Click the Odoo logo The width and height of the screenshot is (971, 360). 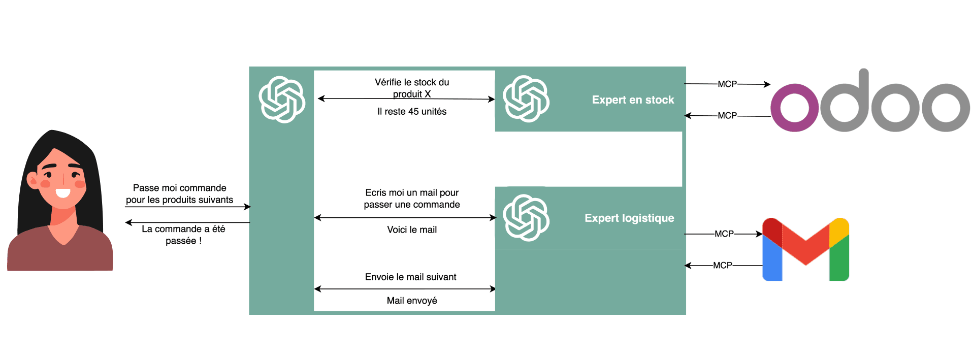point(870,102)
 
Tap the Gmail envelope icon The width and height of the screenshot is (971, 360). point(805,249)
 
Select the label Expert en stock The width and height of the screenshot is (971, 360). point(633,100)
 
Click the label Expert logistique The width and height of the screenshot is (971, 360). point(629,218)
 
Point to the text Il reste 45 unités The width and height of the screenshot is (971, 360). point(412,112)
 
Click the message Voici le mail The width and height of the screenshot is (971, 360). point(412,230)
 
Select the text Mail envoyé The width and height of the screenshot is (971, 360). point(412,301)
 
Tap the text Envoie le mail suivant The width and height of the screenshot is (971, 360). point(410,277)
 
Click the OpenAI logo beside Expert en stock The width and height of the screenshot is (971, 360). point(526,99)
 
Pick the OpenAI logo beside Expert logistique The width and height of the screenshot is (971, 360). point(526,218)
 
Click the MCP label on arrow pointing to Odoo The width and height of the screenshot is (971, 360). point(727,84)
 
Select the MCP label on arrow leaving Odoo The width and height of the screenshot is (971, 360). point(727,116)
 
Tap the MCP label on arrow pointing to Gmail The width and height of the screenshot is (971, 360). point(724,234)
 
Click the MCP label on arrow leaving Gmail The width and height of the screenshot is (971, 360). point(722,266)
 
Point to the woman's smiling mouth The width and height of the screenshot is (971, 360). point(62,193)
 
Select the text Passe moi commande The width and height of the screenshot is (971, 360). point(179,188)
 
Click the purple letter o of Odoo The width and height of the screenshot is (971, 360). point(794,108)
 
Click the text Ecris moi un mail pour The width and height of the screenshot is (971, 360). point(412,193)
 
